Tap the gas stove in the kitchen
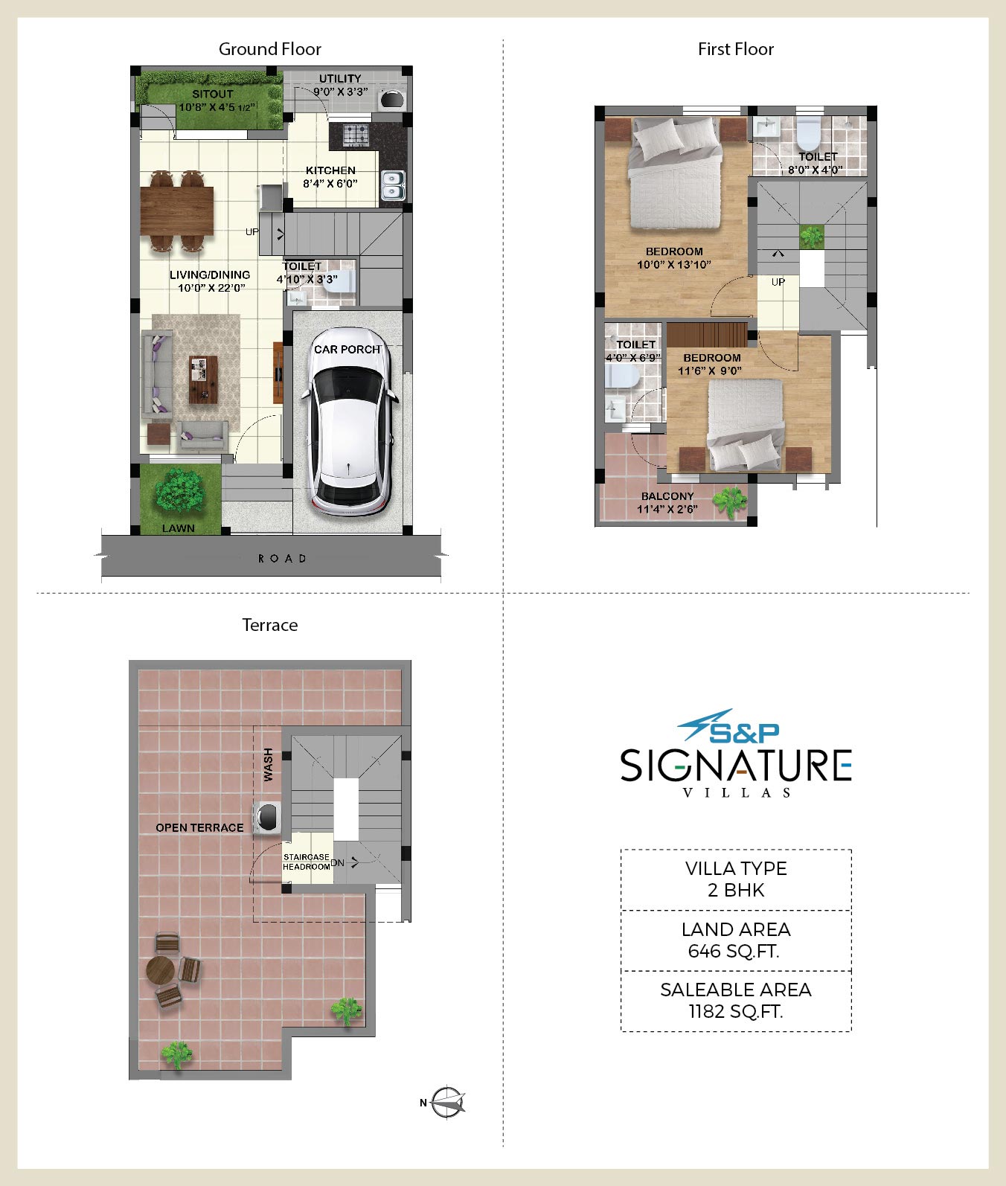click(355, 135)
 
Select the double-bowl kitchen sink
click(392, 187)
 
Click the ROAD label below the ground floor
click(282, 558)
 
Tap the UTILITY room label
click(340, 79)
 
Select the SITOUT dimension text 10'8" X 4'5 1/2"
click(217, 106)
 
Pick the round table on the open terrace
click(160, 969)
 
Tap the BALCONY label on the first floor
click(667, 496)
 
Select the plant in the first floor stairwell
click(811, 237)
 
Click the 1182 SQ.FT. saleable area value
click(735, 1011)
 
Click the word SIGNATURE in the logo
click(736, 765)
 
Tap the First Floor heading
click(736, 49)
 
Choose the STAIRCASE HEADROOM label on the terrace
click(306, 862)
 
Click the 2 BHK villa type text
click(736, 891)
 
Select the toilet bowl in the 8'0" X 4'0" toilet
click(807, 134)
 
